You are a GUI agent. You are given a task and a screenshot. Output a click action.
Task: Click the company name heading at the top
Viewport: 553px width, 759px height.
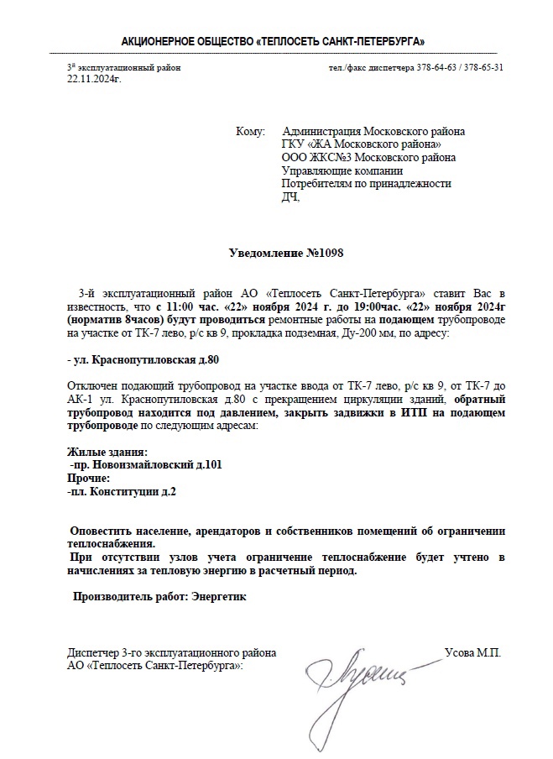click(273, 40)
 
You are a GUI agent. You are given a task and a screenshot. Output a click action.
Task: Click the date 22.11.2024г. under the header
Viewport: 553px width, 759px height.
click(94, 78)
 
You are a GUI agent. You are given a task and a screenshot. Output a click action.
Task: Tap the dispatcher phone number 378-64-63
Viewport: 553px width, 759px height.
click(436, 67)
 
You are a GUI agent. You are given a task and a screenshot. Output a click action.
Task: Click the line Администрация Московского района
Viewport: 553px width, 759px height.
click(373, 132)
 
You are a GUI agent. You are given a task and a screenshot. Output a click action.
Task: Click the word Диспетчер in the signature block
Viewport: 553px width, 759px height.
click(93, 652)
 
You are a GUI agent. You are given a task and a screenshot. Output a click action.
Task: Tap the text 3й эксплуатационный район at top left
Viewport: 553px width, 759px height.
click(123, 67)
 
